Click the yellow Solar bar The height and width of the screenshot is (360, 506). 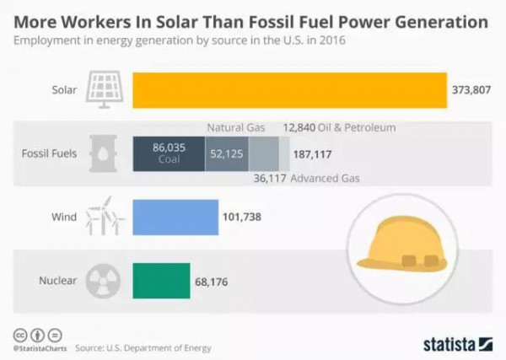coord(289,90)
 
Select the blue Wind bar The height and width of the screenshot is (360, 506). coord(175,217)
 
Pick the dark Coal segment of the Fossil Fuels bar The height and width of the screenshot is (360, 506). coord(169,153)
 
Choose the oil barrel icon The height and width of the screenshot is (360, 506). coord(107,153)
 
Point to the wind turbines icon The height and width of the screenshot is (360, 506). coord(107,217)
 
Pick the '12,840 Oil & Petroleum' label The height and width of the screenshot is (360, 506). coord(339,127)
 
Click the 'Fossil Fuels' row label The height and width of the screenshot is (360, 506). coord(51,154)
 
